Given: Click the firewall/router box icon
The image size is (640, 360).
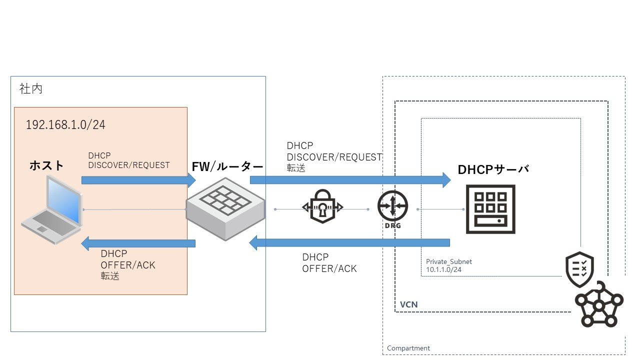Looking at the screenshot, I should point(225,210).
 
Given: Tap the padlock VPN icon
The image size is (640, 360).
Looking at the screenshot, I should point(322,206).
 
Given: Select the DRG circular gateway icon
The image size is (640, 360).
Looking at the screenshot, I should point(392,207).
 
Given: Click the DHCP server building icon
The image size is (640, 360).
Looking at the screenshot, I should point(490,209).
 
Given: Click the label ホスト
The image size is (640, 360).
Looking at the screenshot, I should point(46,165).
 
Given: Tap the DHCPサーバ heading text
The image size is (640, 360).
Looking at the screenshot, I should point(493,169).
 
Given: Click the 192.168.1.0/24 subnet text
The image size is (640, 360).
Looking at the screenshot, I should point(65,125).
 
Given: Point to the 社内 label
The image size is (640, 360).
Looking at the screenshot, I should point(31,89).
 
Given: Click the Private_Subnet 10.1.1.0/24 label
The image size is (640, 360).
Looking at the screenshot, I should point(448,265).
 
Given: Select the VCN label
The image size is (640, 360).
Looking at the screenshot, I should point(408,304).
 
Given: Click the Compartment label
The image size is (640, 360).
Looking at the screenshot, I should point(408,348).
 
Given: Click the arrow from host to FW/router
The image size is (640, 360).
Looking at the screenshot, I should point(138,180).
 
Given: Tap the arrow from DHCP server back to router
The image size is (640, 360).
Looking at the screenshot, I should point(350,243).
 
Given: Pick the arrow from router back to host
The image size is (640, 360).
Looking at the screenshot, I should point(138,244).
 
